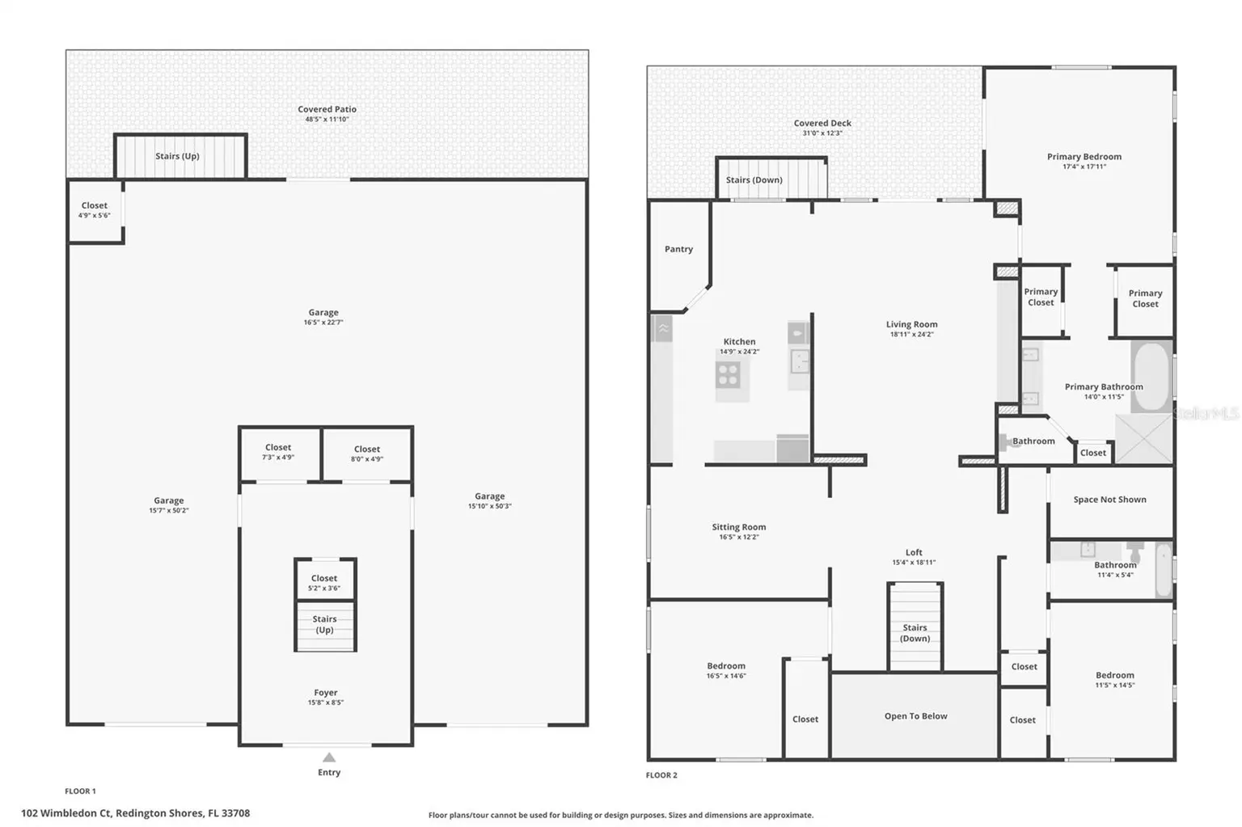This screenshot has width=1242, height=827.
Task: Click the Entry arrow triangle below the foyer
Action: [329, 757]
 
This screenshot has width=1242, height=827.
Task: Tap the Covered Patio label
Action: [327, 109]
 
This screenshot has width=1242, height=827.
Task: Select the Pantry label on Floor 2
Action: [678, 249]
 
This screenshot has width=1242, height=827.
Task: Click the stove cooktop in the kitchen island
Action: [728, 374]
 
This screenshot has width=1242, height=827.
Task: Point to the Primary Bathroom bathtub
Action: [1151, 377]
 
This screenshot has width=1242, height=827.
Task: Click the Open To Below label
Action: [916, 716]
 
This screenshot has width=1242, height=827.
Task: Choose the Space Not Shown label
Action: [1110, 500]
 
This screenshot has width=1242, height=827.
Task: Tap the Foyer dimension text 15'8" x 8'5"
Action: [326, 703]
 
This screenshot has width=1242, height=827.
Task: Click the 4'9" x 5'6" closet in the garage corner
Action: [95, 210]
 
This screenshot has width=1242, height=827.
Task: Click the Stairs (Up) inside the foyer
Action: [325, 625]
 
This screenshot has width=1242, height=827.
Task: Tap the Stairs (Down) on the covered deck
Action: [771, 179]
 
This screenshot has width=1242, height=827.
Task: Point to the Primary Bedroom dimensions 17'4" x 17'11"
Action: [1084, 167]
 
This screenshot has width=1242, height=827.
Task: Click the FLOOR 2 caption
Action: [661, 775]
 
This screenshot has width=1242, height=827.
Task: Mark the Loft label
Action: [914, 552]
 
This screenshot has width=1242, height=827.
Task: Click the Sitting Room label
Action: [739, 527]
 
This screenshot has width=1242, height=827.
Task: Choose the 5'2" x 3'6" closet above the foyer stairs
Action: [325, 580]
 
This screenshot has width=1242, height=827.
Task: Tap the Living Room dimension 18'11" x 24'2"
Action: [912, 334]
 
